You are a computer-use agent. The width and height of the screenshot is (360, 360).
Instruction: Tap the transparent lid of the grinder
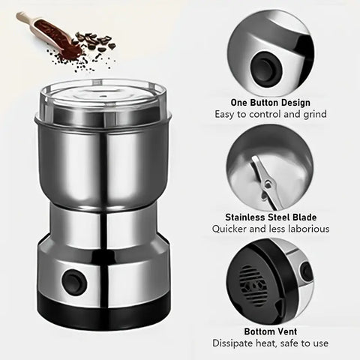[103, 100]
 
